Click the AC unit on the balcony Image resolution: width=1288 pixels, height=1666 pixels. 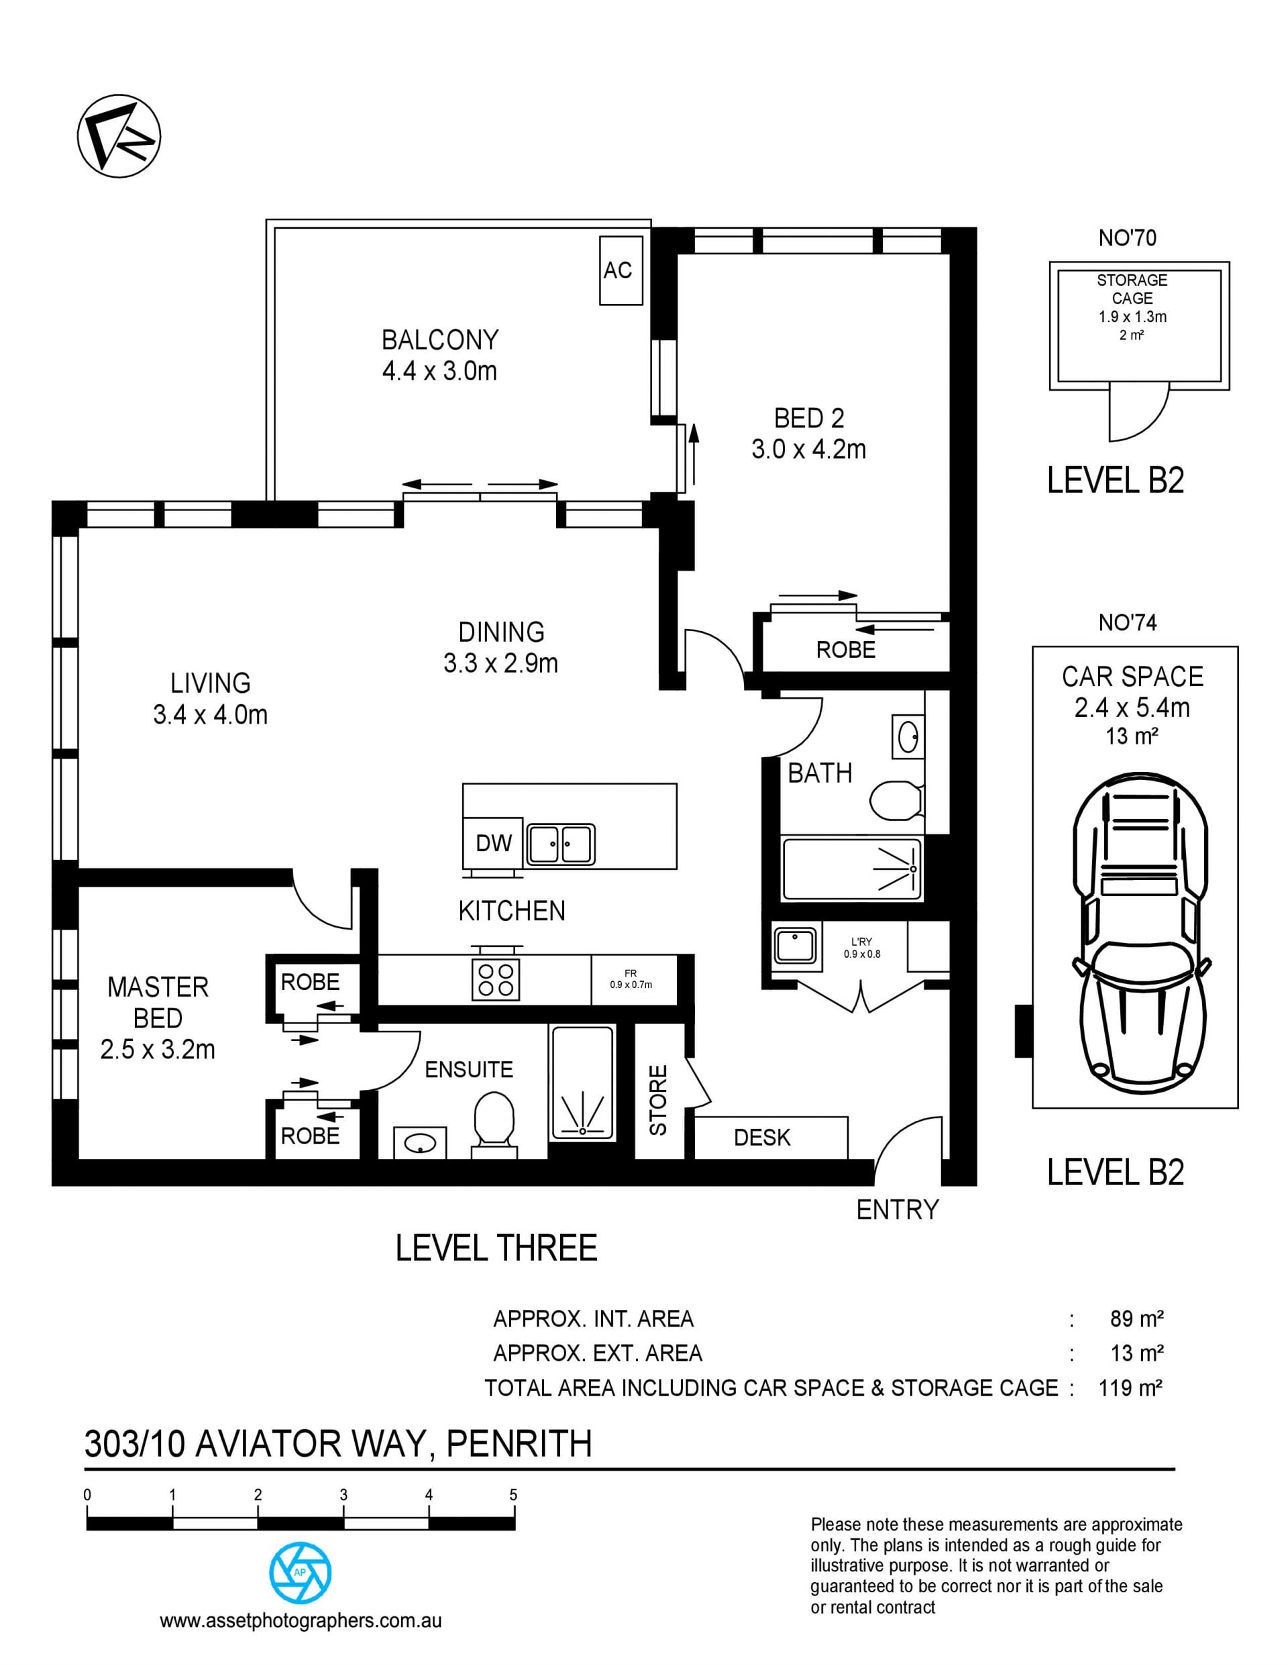tap(618, 271)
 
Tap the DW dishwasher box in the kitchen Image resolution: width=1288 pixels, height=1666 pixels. tap(493, 843)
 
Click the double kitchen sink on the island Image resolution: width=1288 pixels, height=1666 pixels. tap(561, 844)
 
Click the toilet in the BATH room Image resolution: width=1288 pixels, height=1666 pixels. tap(896, 799)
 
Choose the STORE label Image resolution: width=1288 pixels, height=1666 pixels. tap(657, 1099)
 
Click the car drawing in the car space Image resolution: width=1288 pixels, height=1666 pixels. tap(1140, 934)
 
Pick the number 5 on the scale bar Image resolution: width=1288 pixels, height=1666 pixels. tap(513, 1494)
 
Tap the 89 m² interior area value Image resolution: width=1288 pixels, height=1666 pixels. tap(1136, 1318)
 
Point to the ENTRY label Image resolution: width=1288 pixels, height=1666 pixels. tap(898, 1210)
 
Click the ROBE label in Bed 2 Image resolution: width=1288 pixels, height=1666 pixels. tap(845, 650)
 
